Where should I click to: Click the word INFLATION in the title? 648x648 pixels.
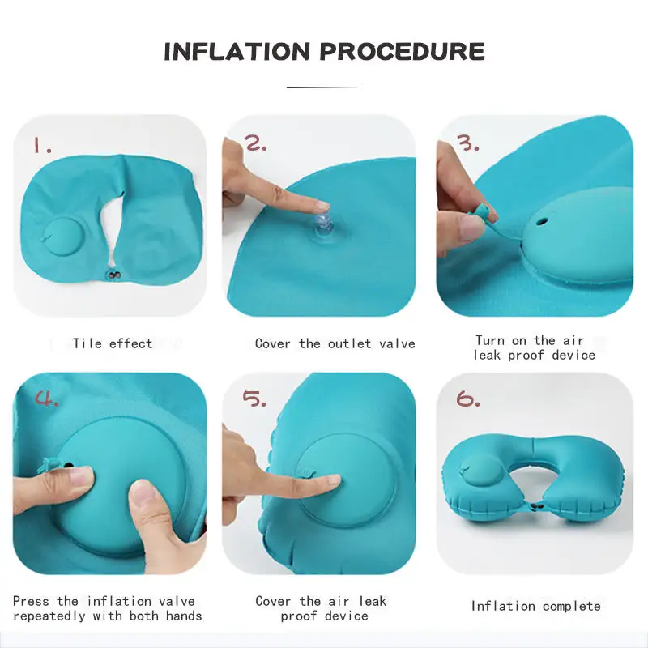(x=237, y=52)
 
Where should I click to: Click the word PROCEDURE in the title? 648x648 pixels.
(x=402, y=52)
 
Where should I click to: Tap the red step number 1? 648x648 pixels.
(x=42, y=145)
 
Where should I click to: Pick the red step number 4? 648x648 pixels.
(x=47, y=398)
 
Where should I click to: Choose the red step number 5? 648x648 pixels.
(x=254, y=398)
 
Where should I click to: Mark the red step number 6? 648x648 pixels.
(x=468, y=399)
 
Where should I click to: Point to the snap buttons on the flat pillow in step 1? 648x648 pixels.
(x=113, y=273)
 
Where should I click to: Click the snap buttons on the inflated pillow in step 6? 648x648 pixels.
(x=537, y=505)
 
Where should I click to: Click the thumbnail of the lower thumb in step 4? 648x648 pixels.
(x=145, y=496)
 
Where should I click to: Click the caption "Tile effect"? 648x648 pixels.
(x=113, y=343)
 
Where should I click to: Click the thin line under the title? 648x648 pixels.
(x=324, y=87)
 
